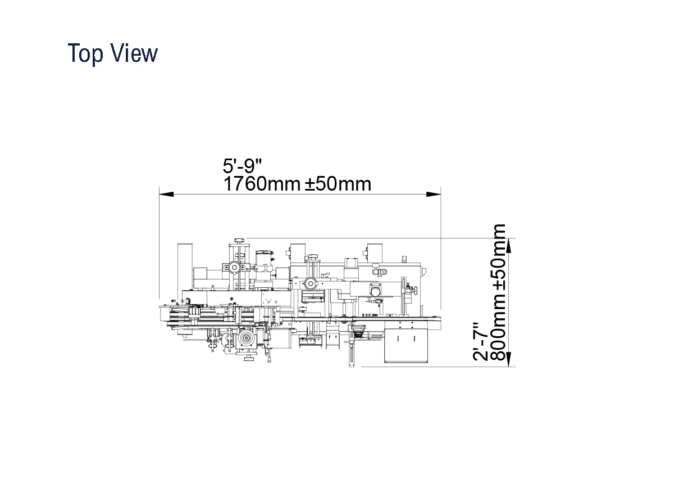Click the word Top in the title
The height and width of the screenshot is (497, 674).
coord(85,54)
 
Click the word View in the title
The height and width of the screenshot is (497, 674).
coord(134,53)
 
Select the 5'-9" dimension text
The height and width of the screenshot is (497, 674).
coord(242,165)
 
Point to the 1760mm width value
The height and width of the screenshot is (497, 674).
coord(262,184)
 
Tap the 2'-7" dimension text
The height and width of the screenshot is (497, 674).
coord(480,342)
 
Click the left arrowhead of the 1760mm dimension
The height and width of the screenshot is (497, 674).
coord(166,195)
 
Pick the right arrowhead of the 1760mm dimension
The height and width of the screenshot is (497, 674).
coord(434,195)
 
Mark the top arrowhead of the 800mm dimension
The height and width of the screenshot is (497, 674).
coord(508,246)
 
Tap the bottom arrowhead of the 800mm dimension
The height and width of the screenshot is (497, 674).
coord(508,359)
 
